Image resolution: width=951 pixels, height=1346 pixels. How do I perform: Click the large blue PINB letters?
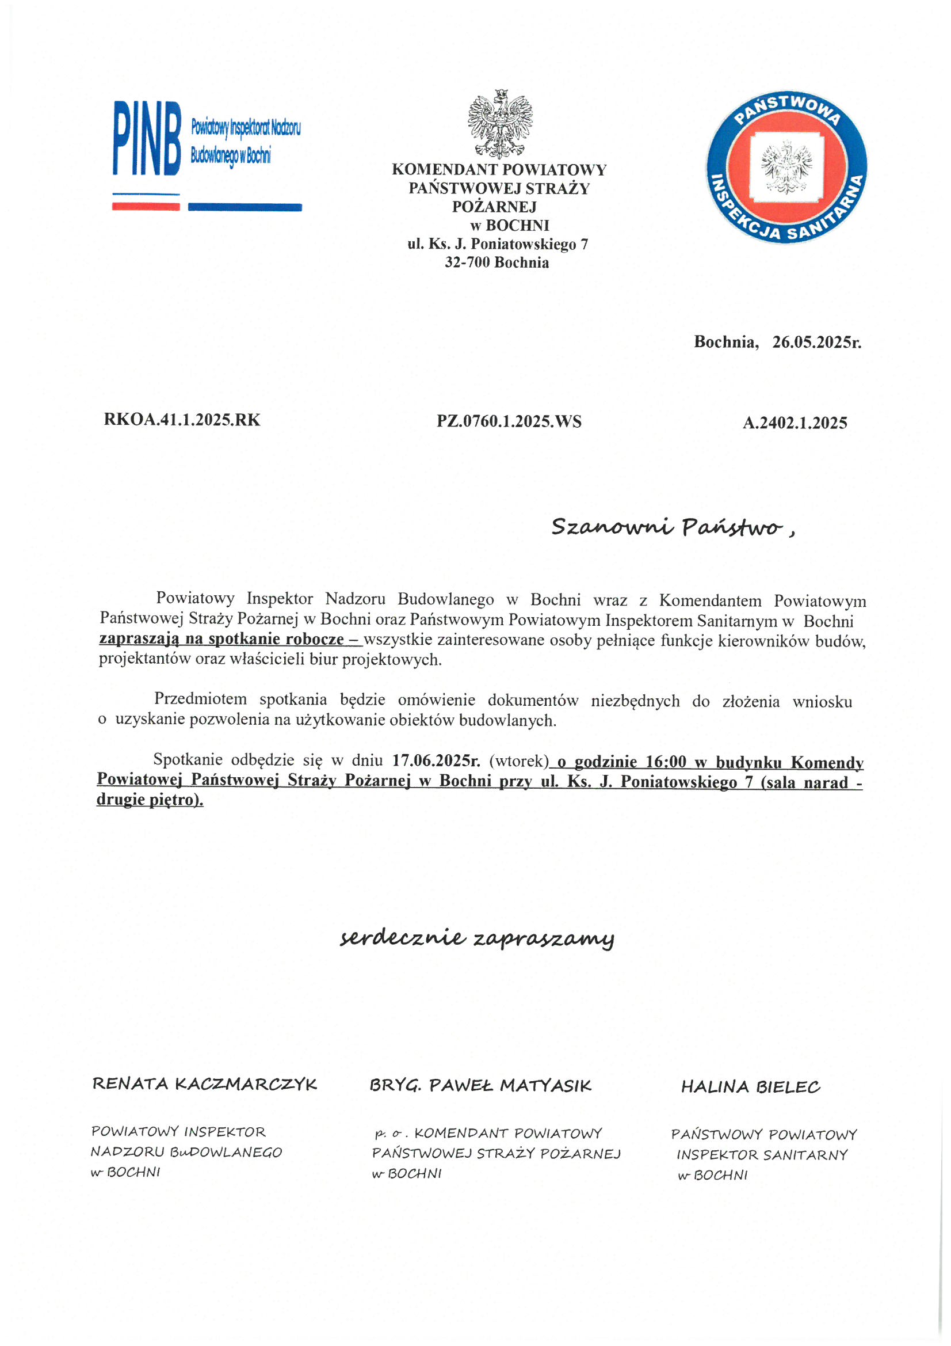pos(147,138)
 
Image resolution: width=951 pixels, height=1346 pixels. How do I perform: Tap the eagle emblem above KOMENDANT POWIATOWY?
pos(500,123)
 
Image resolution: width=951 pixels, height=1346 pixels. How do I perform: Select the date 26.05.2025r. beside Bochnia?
pos(816,342)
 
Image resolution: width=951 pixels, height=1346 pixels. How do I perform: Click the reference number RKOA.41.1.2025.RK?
pos(182,420)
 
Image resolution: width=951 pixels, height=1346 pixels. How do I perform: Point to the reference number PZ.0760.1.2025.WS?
pos(509,421)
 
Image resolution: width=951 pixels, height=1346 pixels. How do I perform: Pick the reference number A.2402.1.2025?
pos(795,423)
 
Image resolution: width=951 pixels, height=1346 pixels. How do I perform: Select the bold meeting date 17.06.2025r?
pos(436,761)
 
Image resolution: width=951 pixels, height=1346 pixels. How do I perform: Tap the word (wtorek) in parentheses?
pos(518,761)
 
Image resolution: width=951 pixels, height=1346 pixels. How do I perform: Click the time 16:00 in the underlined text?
pos(665,762)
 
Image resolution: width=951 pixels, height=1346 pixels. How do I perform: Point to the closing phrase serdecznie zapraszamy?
pos(477,938)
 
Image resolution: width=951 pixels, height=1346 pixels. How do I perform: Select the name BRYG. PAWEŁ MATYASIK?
pos(480,1086)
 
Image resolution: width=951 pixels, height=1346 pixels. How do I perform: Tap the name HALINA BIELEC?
pos(750,1088)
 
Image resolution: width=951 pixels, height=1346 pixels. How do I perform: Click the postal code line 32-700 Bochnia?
pos(496,262)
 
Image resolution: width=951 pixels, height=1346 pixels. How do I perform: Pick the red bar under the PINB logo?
pos(146,206)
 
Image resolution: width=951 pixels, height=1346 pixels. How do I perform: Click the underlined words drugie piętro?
pos(150,800)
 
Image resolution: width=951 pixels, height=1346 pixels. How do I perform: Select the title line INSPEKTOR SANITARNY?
pos(762,1155)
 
